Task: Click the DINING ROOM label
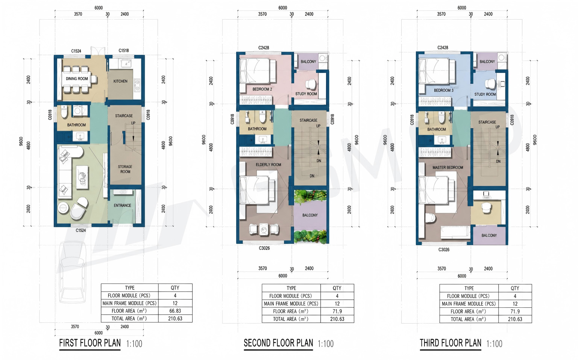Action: (x=77, y=79)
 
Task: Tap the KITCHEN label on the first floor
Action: (x=120, y=81)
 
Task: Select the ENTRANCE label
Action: (x=122, y=206)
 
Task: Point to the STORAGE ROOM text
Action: (x=125, y=169)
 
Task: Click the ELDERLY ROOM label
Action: (x=269, y=165)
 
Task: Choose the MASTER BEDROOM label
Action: (x=448, y=168)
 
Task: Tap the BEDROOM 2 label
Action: (x=262, y=89)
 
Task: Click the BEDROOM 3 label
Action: (x=444, y=90)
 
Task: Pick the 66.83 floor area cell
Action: (x=175, y=311)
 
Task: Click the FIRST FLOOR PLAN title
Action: (x=90, y=343)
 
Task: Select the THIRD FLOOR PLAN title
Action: (x=451, y=343)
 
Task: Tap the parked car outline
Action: (x=72, y=272)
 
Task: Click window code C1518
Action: (x=124, y=51)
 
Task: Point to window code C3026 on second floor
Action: (x=264, y=248)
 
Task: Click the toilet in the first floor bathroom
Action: (x=64, y=111)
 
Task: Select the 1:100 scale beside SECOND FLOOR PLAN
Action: (x=326, y=344)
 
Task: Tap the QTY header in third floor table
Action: (x=515, y=288)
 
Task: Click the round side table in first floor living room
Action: (x=63, y=208)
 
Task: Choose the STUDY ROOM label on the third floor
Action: (x=485, y=95)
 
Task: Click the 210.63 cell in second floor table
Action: (x=337, y=319)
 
